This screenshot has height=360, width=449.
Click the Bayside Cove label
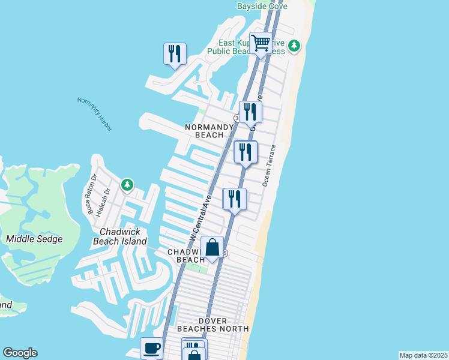coord(262,6)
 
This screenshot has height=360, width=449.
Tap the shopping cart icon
coord(261,43)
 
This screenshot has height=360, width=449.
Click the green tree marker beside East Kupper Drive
coord(294,46)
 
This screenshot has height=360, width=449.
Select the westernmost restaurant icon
coord(175,54)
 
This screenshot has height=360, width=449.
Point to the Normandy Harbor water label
coord(95,113)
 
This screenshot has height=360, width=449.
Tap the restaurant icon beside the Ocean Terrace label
coord(246,152)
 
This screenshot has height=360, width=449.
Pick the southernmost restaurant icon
coord(234,199)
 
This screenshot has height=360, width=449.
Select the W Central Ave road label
coord(200,216)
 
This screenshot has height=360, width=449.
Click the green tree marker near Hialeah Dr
coord(127,185)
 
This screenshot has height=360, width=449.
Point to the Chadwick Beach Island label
coord(120,236)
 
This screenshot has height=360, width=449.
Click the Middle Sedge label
coord(34,239)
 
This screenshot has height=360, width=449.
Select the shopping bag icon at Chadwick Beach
coord(212,247)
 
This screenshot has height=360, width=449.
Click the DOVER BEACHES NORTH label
coord(213,324)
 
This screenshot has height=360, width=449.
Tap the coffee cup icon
coord(151,348)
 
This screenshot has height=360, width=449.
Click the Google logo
coord(20,353)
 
